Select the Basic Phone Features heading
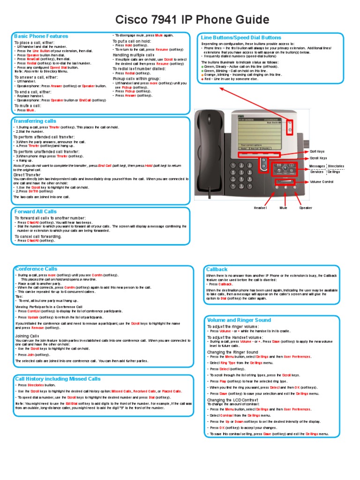click(x=41, y=36)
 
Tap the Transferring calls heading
click(x=35, y=121)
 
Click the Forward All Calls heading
click(x=36, y=211)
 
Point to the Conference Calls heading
click(x=36, y=269)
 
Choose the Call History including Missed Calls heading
click(x=58, y=378)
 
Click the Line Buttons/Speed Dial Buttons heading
click(x=241, y=37)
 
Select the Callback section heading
click(x=217, y=269)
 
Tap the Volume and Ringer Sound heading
click(x=239, y=320)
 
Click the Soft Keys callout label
click(x=317, y=151)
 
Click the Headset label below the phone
click(x=260, y=207)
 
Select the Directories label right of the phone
click(x=336, y=166)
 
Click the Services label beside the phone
click(x=316, y=172)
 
